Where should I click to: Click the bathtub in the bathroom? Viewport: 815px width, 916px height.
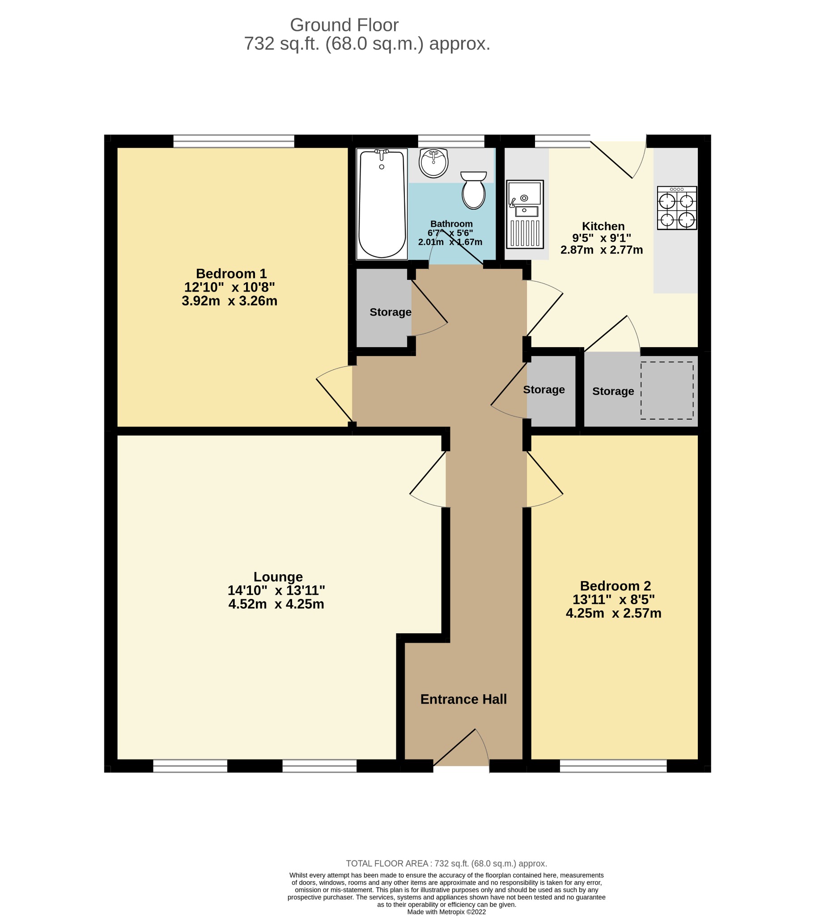click(x=382, y=204)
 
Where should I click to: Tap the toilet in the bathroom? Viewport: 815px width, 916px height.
click(x=473, y=190)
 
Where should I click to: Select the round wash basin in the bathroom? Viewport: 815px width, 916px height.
click(x=433, y=163)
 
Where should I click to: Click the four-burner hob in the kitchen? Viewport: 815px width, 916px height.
click(x=677, y=208)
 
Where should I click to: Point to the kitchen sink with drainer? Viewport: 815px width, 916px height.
click(x=525, y=214)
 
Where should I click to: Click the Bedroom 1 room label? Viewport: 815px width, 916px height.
click(x=231, y=273)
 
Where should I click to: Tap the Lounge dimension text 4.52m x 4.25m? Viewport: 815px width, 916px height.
click(x=276, y=604)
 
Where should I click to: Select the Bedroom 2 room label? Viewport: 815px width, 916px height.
click(x=615, y=586)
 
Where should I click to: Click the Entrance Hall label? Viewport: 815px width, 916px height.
click(x=463, y=699)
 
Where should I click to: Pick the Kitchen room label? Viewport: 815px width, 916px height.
click(x=603, y=226)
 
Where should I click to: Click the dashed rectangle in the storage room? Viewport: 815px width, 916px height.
click(x=667, y=390)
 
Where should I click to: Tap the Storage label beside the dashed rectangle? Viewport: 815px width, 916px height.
click(x=613, y=391)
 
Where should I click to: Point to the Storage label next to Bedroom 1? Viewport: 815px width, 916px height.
click(x=391, y=312)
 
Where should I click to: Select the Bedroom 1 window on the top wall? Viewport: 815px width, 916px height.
click(x=233, y=141)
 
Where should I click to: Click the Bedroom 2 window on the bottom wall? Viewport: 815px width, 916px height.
click(x=613, y=766)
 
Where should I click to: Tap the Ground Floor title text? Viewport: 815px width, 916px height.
click(x=344, y=25)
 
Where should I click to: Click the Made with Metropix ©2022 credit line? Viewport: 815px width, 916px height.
click(x=446, y=912)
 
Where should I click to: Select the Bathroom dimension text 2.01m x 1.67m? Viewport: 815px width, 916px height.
click(x=450, y=242)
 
